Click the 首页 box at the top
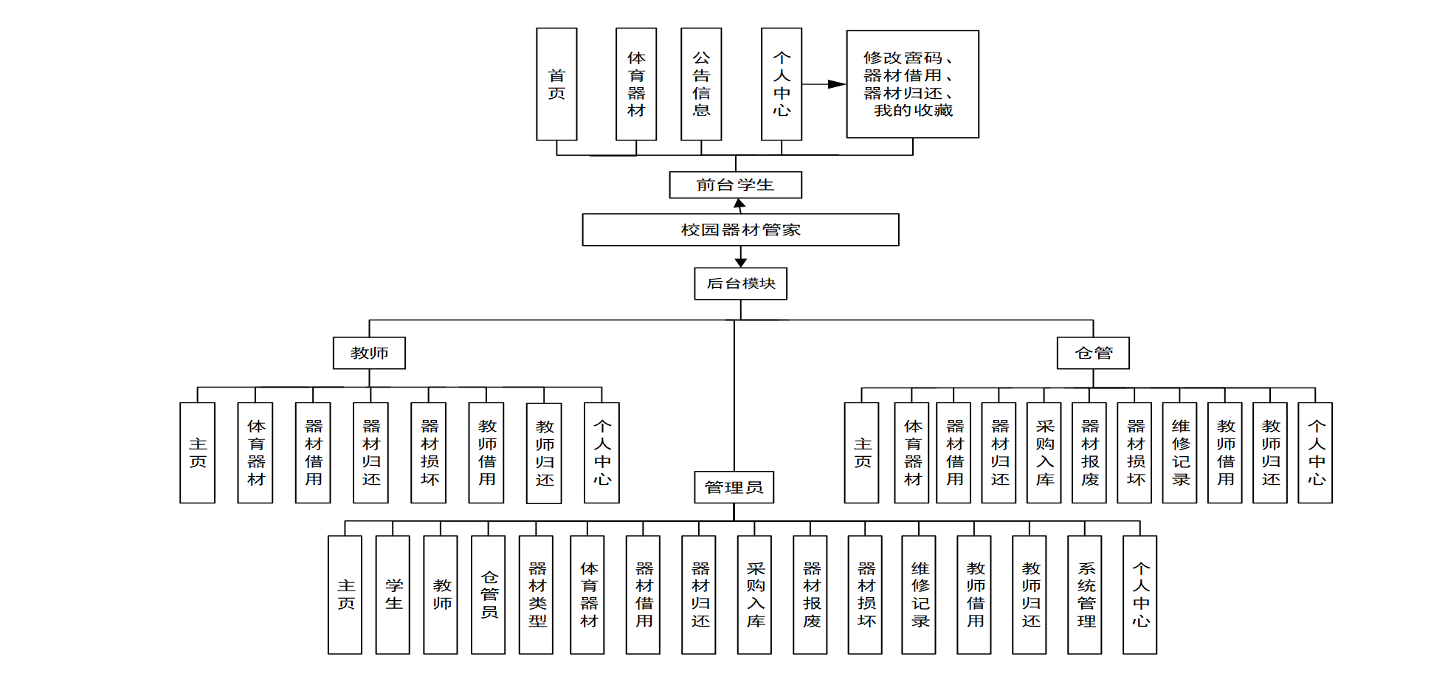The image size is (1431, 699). click(556, 84)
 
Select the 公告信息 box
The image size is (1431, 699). click(701, 84)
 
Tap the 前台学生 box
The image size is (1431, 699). click(735, 185)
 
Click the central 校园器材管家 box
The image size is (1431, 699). click(740, 230)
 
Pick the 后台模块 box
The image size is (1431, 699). click(740, 283)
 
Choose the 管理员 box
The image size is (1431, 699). click(734, 487)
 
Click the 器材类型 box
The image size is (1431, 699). click(537, 595)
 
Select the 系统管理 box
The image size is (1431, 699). click(1085, 595)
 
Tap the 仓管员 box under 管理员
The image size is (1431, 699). click(489, 595)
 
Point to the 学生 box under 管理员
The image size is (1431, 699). click(393, 595)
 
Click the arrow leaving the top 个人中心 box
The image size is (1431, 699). click(824, 84)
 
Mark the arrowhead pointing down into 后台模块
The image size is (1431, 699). click(741, 263)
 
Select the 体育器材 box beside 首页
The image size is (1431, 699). click(636, 84)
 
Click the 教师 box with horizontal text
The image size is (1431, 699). click(369, 353)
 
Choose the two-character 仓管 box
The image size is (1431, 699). click(1093, 353)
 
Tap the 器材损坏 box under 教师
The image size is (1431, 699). click(429, 453)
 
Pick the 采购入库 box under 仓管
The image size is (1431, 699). click(1044, 453)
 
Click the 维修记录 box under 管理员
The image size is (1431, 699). click(919, 595)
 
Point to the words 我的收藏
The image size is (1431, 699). click(913, 111)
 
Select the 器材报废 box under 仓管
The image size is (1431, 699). click(1089, 453)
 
